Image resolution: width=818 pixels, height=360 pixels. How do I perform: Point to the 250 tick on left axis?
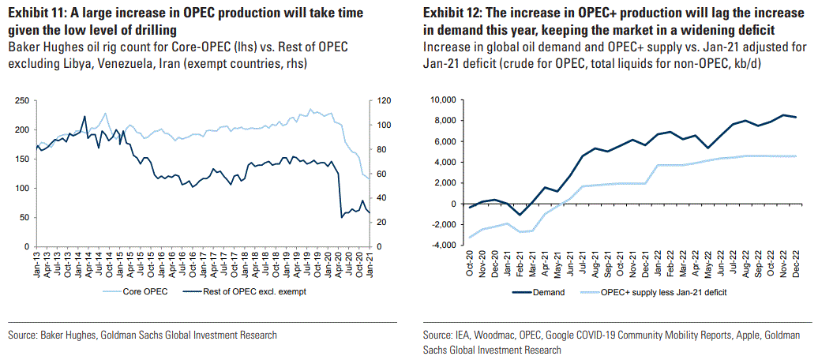tap(21, 100)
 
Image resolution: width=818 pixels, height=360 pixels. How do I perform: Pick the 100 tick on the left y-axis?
tap(21, 189)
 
